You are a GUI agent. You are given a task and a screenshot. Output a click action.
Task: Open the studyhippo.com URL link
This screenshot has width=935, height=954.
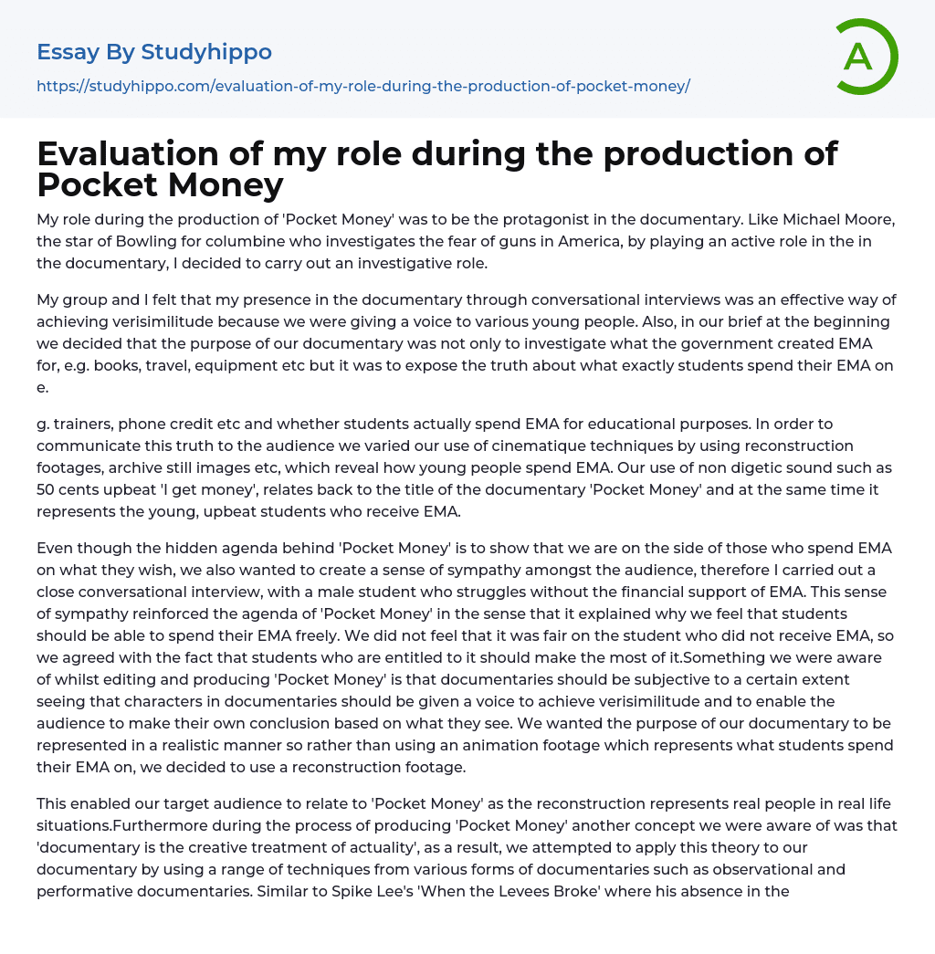[x=362, y=86]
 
